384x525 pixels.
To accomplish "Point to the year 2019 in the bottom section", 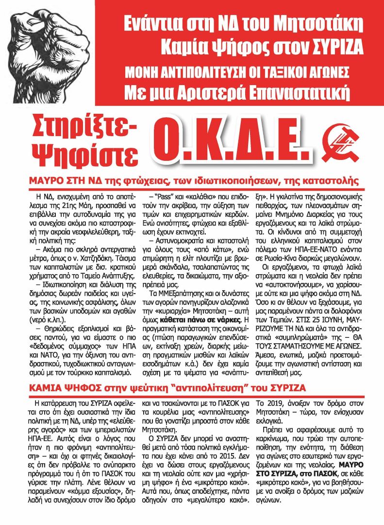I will [272, 402].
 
